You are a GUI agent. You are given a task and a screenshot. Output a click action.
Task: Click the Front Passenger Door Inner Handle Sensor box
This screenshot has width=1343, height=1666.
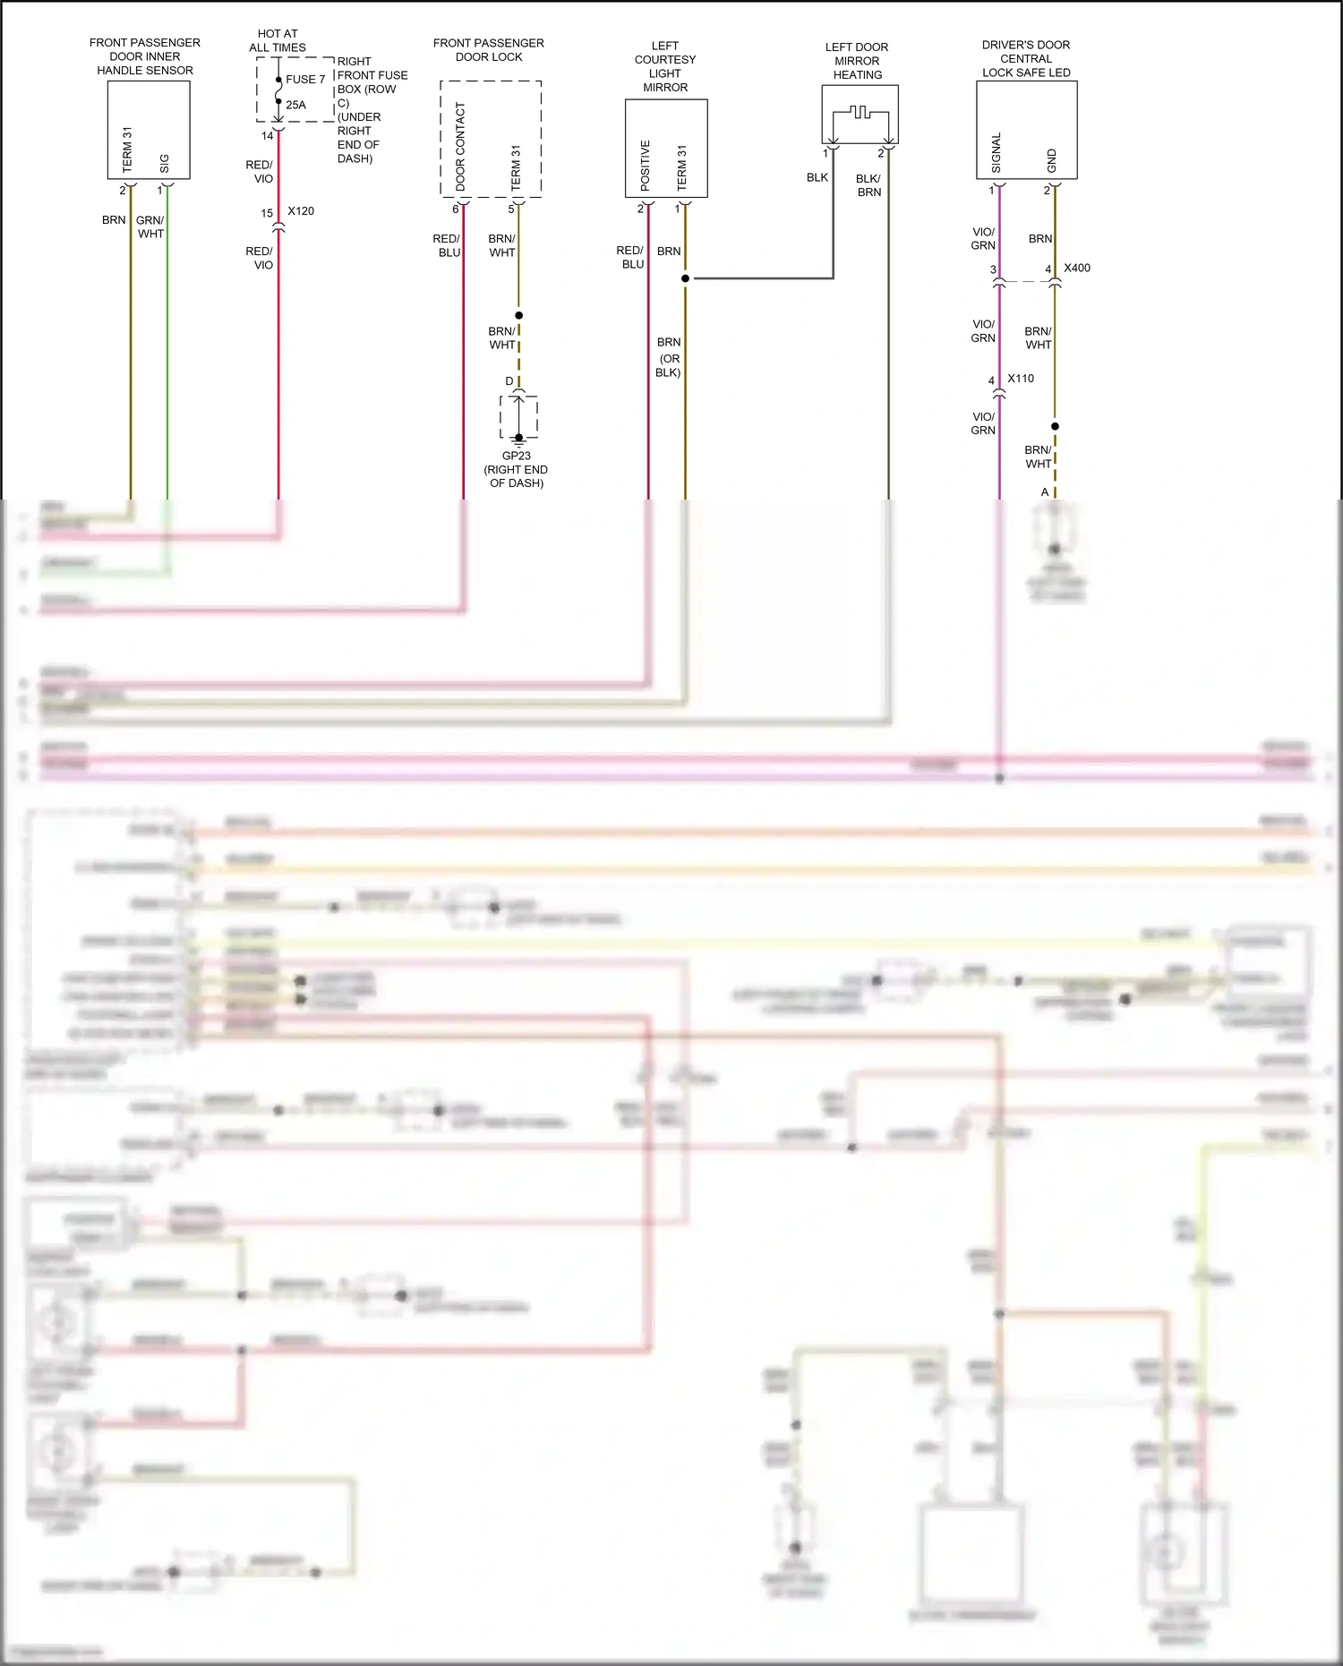[x=149, y=129]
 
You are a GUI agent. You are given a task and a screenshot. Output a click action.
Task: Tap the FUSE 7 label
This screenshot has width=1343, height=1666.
[x=305, y=80]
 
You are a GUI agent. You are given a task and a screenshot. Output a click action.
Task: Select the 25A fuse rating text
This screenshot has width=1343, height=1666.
[x=295, y=105]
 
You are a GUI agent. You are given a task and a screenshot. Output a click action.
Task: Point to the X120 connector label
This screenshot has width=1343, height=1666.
[x=301, y=211]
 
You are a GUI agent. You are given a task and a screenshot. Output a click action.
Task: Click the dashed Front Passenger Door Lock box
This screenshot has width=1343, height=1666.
[x=491, y=138]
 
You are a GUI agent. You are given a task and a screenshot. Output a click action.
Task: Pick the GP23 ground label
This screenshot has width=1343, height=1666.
[x=517, y=456]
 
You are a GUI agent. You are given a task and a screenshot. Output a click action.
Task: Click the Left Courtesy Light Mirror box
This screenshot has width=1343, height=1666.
[x=666, y=148]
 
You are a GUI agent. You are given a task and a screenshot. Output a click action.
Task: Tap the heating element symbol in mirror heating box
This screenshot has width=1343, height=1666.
[x=860, y=115]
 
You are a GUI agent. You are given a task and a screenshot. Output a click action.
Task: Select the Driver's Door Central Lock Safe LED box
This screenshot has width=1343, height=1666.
[x=1026, y=130]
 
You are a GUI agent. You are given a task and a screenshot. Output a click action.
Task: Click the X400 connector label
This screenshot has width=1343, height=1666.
[x=1077, y=268]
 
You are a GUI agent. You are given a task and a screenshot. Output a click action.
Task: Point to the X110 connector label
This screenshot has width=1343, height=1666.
[x=1021, y=379]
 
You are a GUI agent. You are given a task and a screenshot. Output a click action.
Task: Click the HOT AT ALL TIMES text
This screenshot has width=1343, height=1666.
[x=278, y=40]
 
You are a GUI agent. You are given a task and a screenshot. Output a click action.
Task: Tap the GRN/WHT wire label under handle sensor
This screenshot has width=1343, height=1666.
[x=150, y=226]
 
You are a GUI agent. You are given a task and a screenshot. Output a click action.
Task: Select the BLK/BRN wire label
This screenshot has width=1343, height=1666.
[x=868, y=185]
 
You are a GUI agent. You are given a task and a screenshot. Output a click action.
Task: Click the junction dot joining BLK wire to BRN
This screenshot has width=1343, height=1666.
[x=686, y=278]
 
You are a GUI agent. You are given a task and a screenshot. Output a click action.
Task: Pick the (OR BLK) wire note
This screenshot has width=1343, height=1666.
[x=669, y=365]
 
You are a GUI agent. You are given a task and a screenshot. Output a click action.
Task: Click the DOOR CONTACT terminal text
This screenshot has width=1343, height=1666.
[x=461, y=146]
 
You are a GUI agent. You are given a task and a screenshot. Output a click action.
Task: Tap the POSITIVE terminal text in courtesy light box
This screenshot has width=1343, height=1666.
[x=646, y=165]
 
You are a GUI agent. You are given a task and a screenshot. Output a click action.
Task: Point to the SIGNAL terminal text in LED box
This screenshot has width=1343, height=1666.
[x=997, y=152]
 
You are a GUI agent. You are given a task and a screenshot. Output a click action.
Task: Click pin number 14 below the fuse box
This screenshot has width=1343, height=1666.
[x=267, y=136]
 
